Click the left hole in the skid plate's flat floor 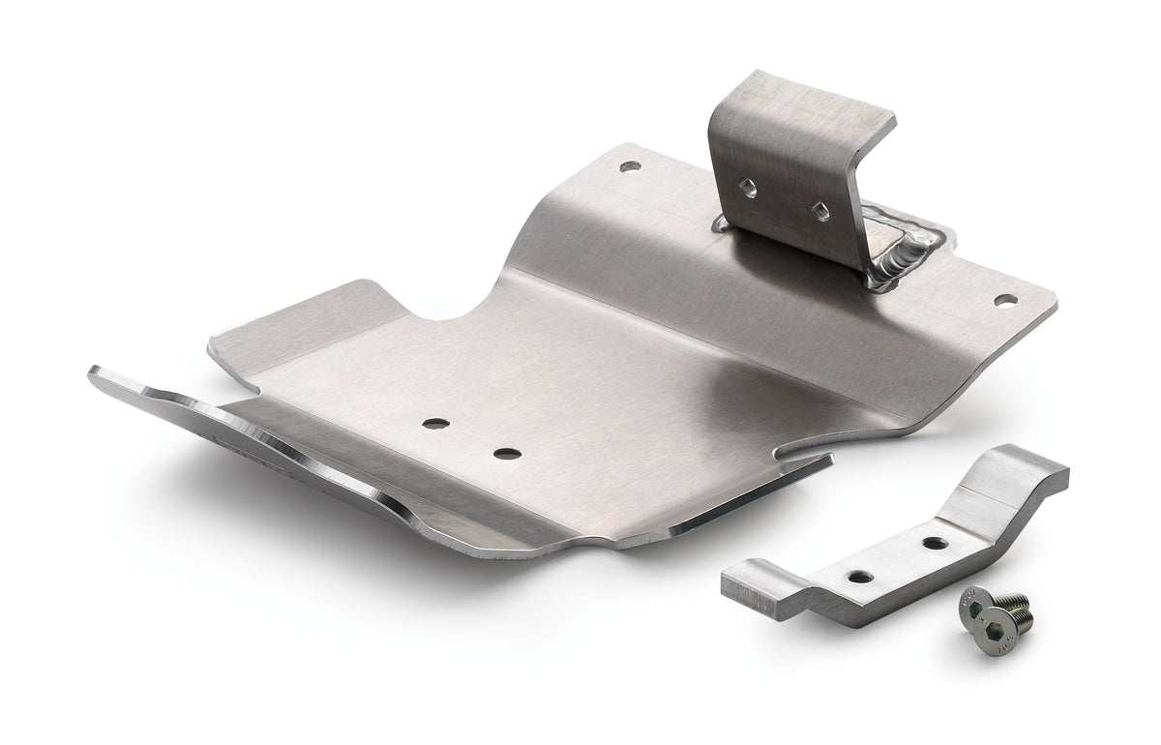click(435, 423)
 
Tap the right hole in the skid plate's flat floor click(502, 453)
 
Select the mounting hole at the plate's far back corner click(631, 166)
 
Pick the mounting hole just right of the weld click(1005, 301)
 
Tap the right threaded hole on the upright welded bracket click(819, 210)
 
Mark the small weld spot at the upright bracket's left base click(721, 224)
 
